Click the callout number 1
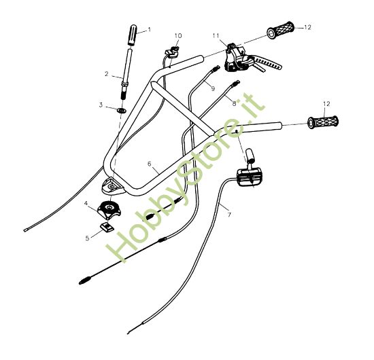(149, 30)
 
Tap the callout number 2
(107, 73)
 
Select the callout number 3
(101, 105)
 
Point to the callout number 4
(86, 203)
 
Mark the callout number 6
(149, 164)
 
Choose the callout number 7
(229, 215)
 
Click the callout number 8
(234, 103)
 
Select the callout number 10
(178, 35)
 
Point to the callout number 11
(216, 35)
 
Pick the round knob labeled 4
(109, 207)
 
